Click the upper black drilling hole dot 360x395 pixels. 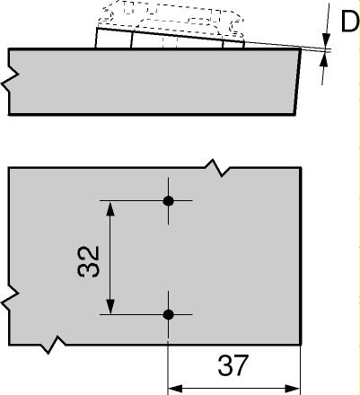(x=169, y=201)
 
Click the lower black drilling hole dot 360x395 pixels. (x=169, y=314)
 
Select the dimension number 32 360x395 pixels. (x=88, y=262)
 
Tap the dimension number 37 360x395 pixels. (x=233, y=365)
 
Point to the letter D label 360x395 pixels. (x=350, y=22)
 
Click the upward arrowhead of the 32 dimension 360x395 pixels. (x=110, y=208)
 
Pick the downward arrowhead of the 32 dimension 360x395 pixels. (x=110, y=307)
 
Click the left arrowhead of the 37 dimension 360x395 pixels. (x=175, y=389)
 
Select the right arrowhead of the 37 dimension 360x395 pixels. (x=293, y=389)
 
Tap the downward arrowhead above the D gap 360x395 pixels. (x=326, y=40)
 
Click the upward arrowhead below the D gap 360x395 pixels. (x=323, y=61)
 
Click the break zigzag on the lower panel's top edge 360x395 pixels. (x=217, y=168)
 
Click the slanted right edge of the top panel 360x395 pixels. (x=297, y=82)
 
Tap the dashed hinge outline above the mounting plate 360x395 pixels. (x=171, y=16)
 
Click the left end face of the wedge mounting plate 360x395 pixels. (x=96, y=38)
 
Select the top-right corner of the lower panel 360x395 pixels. (x=301, y=168)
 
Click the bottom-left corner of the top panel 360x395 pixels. (x=9, y=114)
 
